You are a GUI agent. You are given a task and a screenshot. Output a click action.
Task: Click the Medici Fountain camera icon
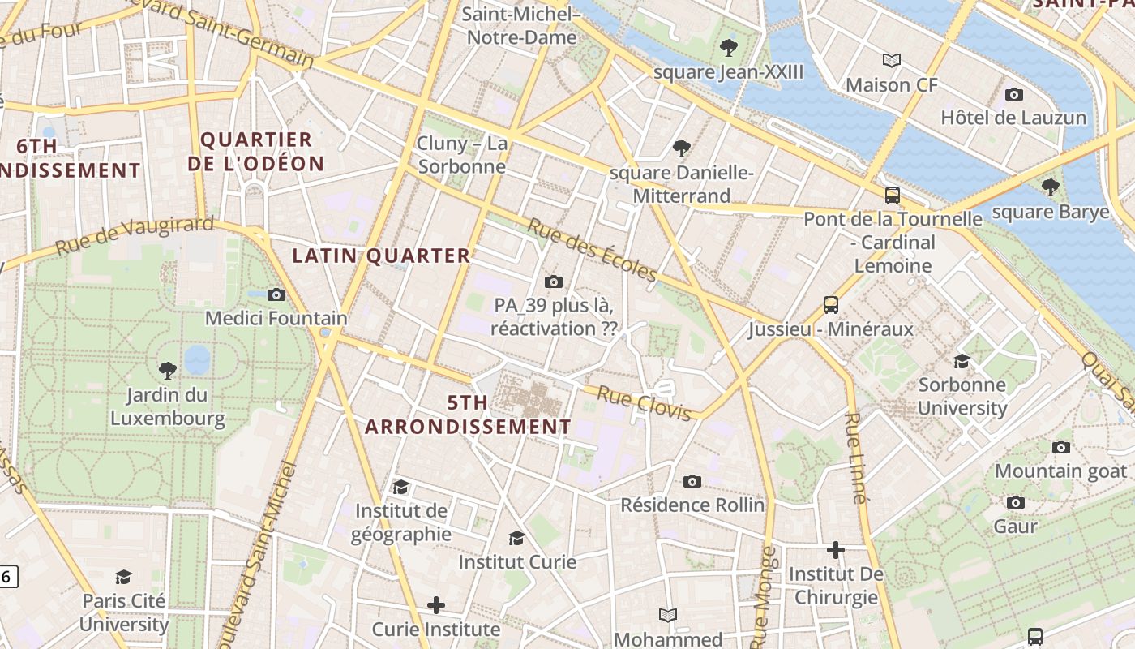point(276,294)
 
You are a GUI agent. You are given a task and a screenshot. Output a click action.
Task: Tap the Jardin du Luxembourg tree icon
point(168,371)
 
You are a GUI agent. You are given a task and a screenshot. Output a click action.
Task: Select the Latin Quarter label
point(381,256)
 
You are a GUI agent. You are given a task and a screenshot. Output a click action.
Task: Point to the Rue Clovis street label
point(645,403)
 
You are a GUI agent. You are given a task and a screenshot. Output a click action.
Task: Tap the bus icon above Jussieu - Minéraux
point(831,305)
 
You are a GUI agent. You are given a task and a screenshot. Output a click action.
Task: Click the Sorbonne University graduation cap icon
point(962,361)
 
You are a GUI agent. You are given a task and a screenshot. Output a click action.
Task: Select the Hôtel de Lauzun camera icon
point(1013,94)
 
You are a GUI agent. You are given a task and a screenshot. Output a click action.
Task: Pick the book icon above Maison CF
point(892,60)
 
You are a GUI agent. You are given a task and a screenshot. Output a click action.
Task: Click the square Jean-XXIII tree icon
point(729,48)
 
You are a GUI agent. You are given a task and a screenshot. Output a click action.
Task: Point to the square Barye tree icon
point(1051,187)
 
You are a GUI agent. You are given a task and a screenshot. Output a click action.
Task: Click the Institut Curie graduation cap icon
point(516,538)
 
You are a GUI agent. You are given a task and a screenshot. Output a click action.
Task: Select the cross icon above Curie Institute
point(436,605)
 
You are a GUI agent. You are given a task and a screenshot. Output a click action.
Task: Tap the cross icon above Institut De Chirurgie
point(835,550)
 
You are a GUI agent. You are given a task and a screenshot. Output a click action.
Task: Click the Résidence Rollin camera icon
point(692,481)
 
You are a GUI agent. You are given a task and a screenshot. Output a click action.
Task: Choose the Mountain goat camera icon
point(1060,447)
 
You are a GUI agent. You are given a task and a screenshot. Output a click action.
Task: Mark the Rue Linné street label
point(856,458)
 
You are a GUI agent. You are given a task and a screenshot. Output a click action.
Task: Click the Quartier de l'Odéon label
point(255,151)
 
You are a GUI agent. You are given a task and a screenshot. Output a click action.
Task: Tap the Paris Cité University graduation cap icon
point(123,577)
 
